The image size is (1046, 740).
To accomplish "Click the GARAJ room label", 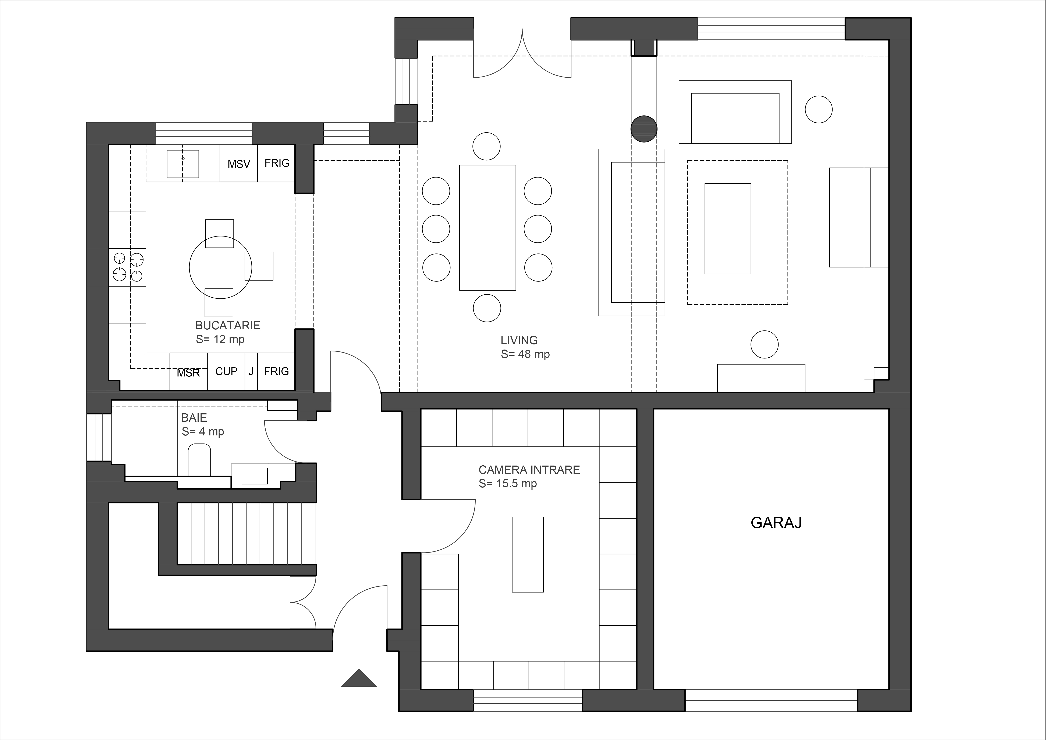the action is point(776,523).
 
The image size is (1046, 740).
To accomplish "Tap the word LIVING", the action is point(519,340).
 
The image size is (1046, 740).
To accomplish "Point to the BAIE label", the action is point(194,418).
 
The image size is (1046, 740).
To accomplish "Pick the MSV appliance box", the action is point(239,163).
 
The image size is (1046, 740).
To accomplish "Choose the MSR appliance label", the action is point(189,373).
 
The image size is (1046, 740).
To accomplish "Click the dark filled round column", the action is point(644,129).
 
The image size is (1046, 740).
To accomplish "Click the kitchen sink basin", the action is point(183,164).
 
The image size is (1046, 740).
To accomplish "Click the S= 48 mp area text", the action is point(525,354).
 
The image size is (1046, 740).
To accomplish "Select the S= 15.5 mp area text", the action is point(507,484).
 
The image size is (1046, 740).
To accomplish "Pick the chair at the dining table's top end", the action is point(487,146).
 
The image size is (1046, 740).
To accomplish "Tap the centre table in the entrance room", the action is point(528,554).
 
